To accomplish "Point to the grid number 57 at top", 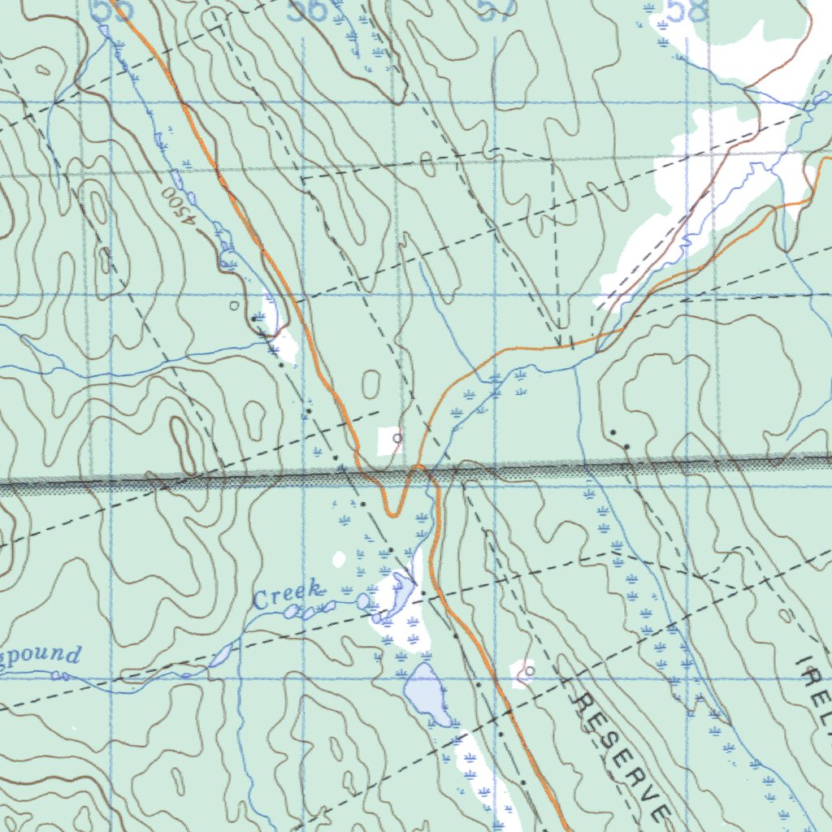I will tap(496, 10).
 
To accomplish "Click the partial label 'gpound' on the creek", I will tap(41, 655).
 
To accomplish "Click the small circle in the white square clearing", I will tap(396, 439).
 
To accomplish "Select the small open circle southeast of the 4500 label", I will tap(235, 305).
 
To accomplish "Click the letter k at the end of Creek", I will tap(317, 590).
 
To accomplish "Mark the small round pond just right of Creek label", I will tap(362, 600).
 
